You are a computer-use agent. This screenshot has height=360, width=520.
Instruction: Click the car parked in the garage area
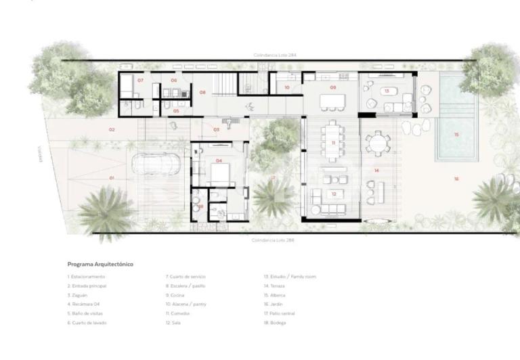pyautogui.click(x=157, y=164)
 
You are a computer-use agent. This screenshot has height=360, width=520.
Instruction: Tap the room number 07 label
pyautogui.click(x=140, y=80)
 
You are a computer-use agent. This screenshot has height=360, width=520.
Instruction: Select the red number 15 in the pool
pyautogui.click(x=456, y=135)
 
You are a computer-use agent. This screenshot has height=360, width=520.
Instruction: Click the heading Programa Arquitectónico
pyautogui.click(x=100, y=264)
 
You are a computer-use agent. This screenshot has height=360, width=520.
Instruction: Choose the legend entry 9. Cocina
pyautogui.click(x=176, y=295)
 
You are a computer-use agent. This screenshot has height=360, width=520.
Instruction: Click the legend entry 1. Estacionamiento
pyautogui.click(x=86, y=277)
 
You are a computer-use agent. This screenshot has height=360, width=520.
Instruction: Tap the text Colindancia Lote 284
pyautogui.click(x=275, y=55)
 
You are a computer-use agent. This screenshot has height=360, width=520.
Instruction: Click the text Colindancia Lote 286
pyautogui.click(x=273, y=240)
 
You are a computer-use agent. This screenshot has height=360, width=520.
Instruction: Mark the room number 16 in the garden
pyautogui.click(x=456, y=179)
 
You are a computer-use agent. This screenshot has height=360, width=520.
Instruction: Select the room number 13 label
pyautogui.click(x=387, y=90)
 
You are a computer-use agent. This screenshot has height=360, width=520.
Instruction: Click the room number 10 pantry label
pyautogui.click(x=287, y=87)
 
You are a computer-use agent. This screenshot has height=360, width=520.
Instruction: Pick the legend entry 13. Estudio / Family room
pyautogui.click(x=290, y=277)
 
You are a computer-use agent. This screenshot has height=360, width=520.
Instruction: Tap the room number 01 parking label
pyautogui.click(x=112, y=177)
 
